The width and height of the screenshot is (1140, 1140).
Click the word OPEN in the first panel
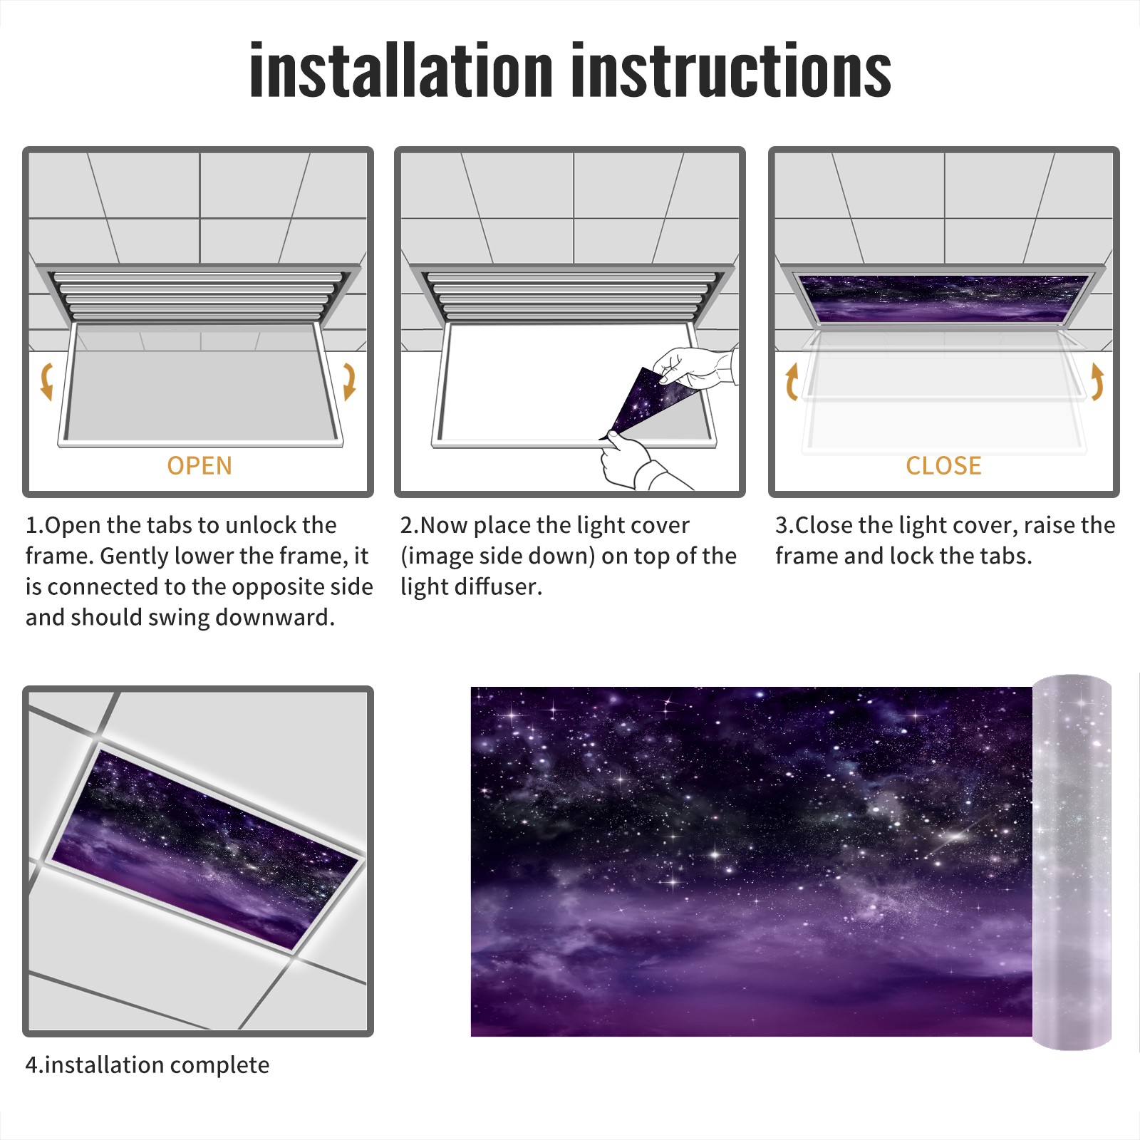[199, 465]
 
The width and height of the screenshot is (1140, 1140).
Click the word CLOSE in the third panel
[943, 465]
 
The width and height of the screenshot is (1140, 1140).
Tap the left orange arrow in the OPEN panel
[46, 381]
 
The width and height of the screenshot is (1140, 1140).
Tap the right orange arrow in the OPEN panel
[349, 381]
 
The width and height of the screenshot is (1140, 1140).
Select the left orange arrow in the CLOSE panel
[792, 381]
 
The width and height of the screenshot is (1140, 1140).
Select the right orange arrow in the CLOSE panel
[1097, 381]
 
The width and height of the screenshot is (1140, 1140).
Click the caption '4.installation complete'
[147, 1065]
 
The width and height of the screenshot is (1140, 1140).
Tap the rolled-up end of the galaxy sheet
[1072, 861]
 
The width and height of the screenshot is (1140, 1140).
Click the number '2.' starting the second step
[410, 525]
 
